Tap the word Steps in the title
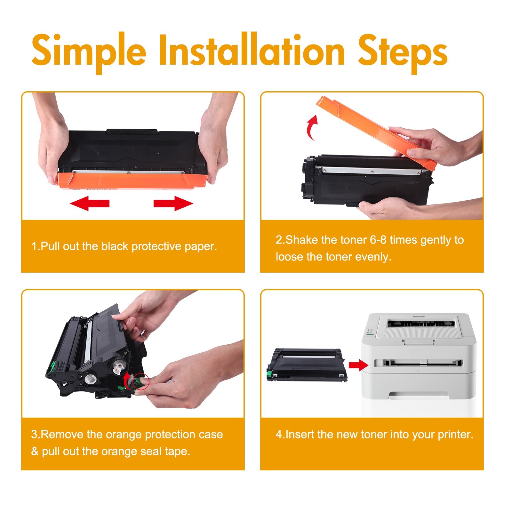403,53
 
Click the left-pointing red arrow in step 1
90,203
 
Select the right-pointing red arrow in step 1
173,203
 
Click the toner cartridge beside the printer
307,365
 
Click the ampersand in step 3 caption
35,452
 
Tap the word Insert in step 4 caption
300,435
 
